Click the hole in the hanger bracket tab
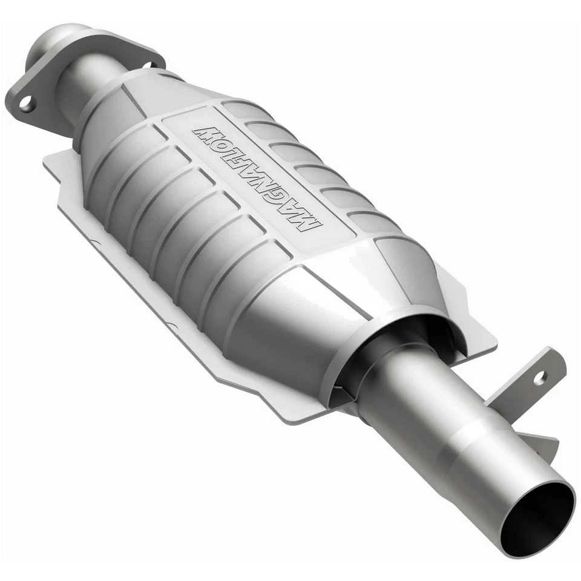[539, 378]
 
